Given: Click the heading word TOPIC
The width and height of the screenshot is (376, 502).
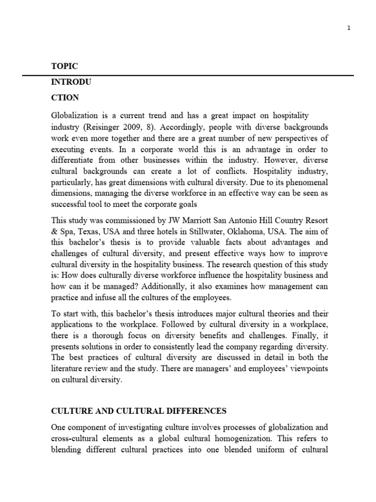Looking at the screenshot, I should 64,66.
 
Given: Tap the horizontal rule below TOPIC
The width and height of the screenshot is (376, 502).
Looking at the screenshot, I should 188,75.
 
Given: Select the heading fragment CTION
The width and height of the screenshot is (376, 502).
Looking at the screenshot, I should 65,98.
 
